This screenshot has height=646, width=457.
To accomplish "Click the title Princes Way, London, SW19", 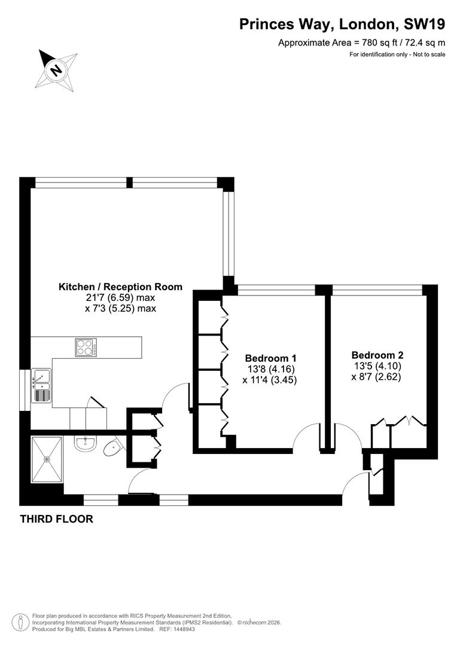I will point(342,24).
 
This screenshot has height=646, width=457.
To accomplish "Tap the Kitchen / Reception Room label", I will point(120,287).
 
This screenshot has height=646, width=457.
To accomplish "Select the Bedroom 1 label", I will point(269,358).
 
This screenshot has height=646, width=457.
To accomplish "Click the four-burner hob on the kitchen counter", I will point(85,348).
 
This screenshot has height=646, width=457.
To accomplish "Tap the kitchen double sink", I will point(42,386).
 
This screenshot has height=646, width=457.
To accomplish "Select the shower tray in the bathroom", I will point(46,459).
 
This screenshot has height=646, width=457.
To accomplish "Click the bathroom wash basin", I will point(85,443).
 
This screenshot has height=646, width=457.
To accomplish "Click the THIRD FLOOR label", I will point(57,519).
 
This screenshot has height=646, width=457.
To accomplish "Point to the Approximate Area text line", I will point(362,42).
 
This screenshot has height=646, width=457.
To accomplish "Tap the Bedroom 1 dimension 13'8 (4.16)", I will point(269,369).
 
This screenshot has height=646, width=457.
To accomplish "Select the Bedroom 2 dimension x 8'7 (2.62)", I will point(376,377).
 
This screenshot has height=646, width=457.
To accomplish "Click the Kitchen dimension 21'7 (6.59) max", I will point(120,298).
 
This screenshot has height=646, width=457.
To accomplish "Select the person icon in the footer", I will point(21,623).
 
